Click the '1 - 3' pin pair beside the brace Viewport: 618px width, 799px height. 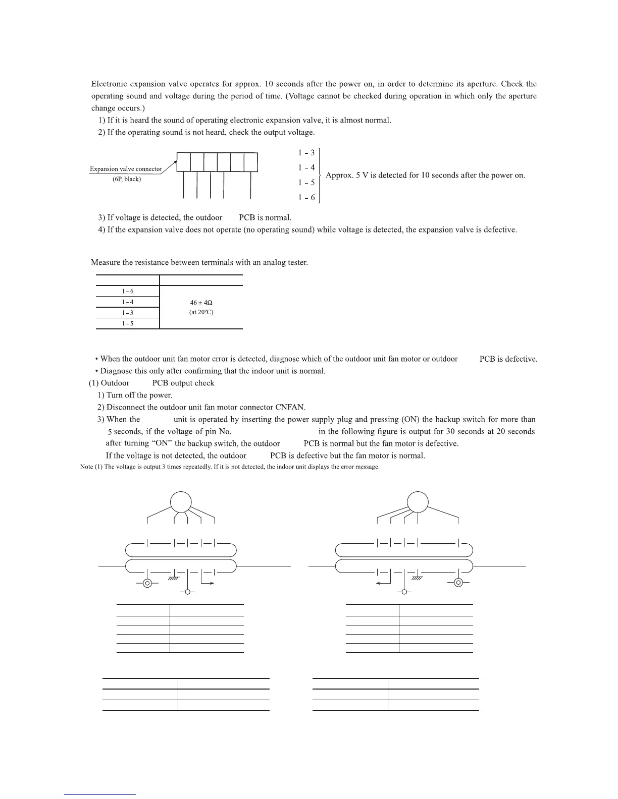tap(306, 152)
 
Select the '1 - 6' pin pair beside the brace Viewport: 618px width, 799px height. tap(306, 197)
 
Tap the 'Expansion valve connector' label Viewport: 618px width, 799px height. tap(126, 169)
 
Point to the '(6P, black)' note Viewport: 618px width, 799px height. tap(126, 179)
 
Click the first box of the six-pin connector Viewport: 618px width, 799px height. tap(184, 162)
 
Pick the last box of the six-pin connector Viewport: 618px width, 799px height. tap(251, 162)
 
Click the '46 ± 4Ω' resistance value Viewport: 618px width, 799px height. tap(201, 302)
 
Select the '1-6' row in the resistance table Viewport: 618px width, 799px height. tap(128, 291)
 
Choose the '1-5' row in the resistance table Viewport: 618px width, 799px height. tap(128, 323)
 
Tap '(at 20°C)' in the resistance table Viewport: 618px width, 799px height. tap(201, 312)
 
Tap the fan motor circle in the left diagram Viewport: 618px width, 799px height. tap(181, 502)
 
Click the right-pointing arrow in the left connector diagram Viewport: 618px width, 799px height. tap(208, 583)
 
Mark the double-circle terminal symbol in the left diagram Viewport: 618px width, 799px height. tap(147, 583)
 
